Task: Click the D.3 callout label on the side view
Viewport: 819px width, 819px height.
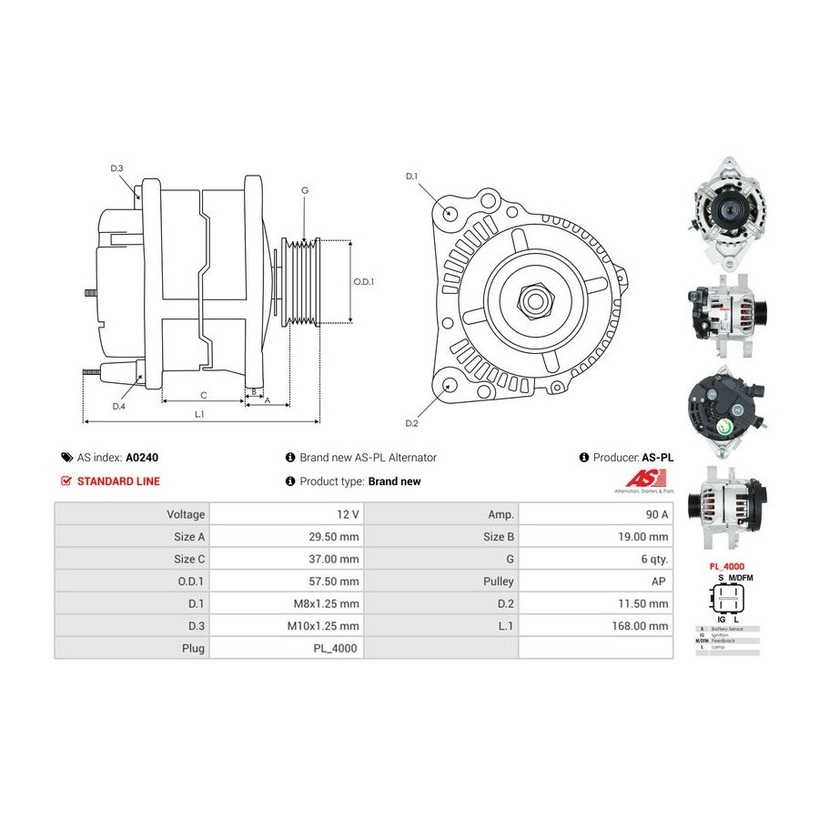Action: click(x=116, y=168)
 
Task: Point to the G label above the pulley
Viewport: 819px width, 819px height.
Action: click(x=305, y=190)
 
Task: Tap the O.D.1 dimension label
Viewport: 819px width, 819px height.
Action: click(x=363, y=281)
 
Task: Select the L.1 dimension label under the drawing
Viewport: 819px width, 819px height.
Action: click(x=199, y=414)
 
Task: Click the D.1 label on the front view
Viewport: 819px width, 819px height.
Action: click(x=410, y=176)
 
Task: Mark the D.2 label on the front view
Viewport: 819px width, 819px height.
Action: click(x=410, y=424)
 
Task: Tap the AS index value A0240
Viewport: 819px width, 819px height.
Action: click(x=142, y=458)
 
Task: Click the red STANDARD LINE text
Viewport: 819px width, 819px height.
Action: click(x=118, y=481)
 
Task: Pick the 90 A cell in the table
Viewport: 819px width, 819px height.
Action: click(x=655, y=514)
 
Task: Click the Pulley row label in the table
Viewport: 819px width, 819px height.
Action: click(x=500, y=581)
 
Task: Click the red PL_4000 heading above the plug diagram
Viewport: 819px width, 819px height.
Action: click(x=726, y=565)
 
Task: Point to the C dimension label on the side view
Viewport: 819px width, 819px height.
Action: click(x=203, y=395)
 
